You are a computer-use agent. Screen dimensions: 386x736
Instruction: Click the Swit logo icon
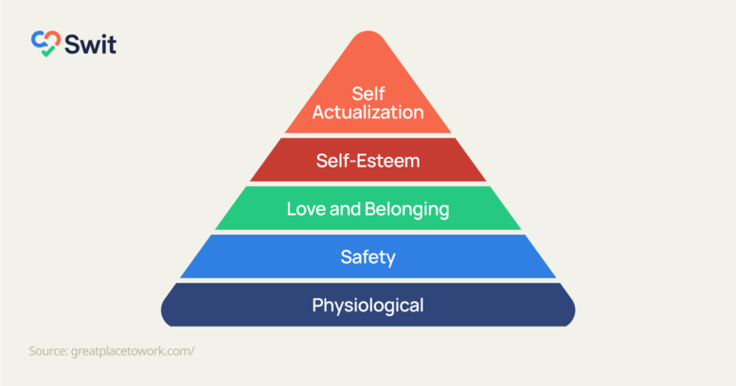pyautogui.click(x=45, y=43)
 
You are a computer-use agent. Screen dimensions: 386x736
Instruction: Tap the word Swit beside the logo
pyautogui.click(x=89, y=43)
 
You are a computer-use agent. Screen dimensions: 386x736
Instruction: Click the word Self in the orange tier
pyautogui.click(x=368, y=94)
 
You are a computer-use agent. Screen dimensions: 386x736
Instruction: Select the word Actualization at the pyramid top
pyautogui.click(x=368, y=112)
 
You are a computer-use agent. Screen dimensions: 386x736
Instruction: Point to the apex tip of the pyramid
pyautogui.click(x=368, y=34)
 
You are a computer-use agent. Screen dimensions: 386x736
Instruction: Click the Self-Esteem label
pyautogui.click(x=368, y=160)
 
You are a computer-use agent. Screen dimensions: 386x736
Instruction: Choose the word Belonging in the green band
pyautogui.click(x=407, y=209)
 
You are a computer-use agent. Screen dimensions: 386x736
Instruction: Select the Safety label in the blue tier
pyautogui.click(x=368, y=256)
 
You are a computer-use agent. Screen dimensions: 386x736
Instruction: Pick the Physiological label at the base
pyautogui.click(x=368, y=306)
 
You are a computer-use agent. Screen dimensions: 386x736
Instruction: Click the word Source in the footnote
pyautogui.click(x=47, y=351)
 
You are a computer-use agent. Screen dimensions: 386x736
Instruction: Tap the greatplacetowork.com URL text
pyautogui.click(x=133, y=351)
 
